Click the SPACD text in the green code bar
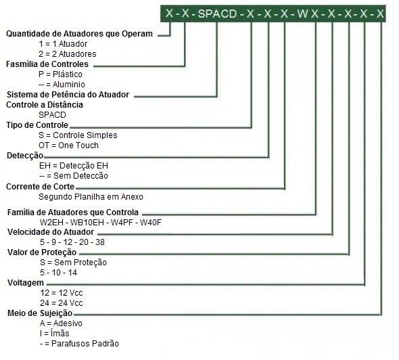tap(217, 14)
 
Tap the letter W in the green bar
tap(302, 14)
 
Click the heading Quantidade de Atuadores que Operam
tap(79, 34)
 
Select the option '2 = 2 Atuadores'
tap(68, 54)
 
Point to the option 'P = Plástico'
tap(61, 74)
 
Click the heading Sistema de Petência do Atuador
tap(68, 95)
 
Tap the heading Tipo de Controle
tap(37, 125)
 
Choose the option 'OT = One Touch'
tap(68, 145)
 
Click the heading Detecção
tap(25, 156)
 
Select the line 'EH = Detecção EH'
tap(74, 166)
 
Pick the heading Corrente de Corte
tap(40, 187)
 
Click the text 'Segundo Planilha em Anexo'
tap(91, 197)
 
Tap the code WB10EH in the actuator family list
tap(87, 223)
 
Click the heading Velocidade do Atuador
tap(51, 232)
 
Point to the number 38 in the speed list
tap(100, 242)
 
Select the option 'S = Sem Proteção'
tap(73, 263)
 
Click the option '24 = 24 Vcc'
tap(62, 303)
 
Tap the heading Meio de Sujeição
tap(40, 313)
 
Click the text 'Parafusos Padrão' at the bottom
tap(85, 344)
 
